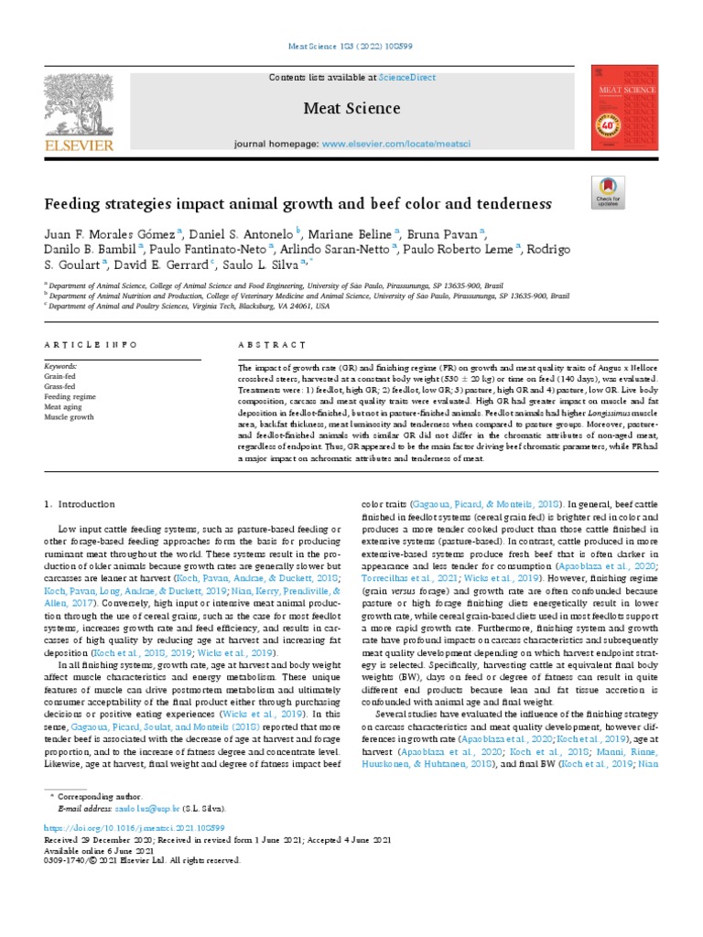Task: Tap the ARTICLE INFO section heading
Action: click(x=91, y=344)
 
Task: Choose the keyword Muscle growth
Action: click(x=69, y=417)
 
